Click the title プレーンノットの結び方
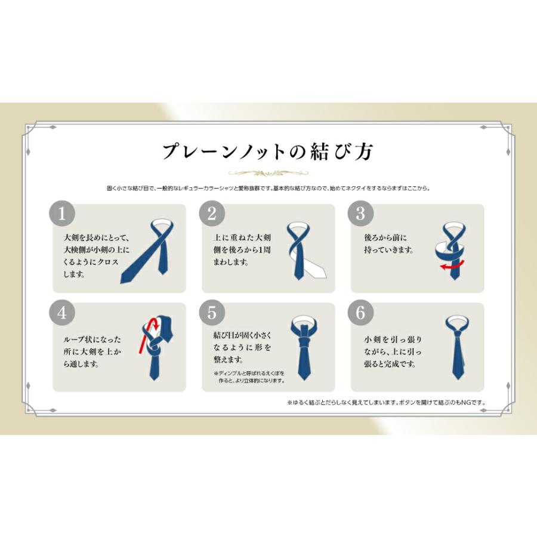[x=268, y=151]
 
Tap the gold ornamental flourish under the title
[x=268, y=174]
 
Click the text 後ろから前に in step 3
[x=385, y=237]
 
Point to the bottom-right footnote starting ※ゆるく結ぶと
[x=387, y=403]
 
